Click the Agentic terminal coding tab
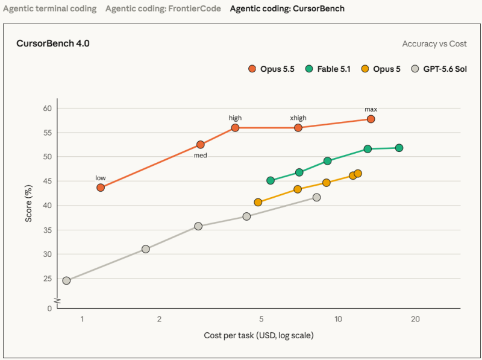50,8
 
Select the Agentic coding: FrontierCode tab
163,8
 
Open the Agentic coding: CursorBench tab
287,8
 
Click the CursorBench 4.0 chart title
53,43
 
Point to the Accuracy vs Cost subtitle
434,44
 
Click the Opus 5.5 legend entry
271,69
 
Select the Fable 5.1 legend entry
328,69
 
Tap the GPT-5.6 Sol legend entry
439,69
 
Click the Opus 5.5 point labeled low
101,188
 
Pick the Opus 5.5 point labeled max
371,119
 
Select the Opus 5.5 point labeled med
201,145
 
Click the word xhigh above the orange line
298,118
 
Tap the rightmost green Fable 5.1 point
399,148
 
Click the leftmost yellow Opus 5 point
258,202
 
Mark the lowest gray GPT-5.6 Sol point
66,280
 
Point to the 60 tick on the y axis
48,109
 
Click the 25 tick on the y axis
48,279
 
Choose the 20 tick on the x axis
415,319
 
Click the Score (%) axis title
28,203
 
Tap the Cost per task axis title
258,335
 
